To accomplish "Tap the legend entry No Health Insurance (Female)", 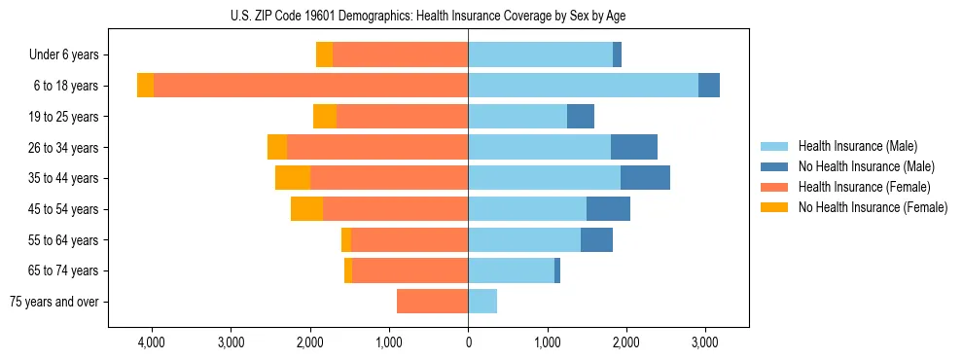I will [x=873, y=207].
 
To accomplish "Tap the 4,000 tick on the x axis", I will [x=152, y=343].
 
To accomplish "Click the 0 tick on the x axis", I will [x=468, y=343].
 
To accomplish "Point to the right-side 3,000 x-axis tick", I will [x=705, y=343].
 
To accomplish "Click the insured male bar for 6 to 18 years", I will [x=583, y=86].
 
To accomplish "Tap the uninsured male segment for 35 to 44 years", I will [x=645, y=178].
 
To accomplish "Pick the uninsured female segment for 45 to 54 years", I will [x=306, y=209].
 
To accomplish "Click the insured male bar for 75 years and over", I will [x=482, y=302].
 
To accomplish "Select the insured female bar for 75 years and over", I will [x=432, y=302].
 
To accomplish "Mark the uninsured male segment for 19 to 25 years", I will [x=581, y=117].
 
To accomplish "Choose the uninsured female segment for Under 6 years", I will [x=324, y=55].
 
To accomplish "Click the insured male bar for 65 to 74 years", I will [x=511, y=270].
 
